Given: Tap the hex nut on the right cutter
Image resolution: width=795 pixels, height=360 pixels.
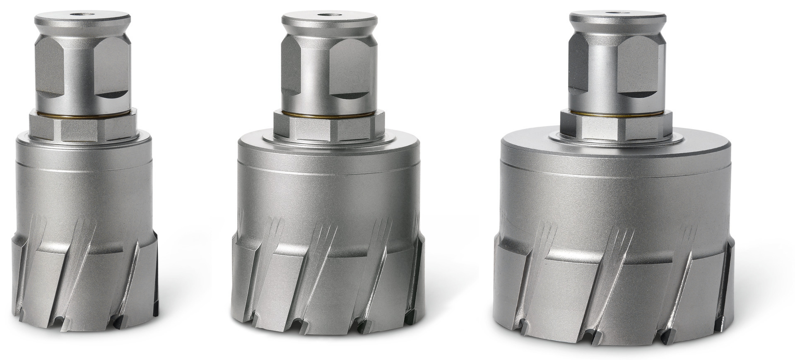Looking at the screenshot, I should coord(616,126).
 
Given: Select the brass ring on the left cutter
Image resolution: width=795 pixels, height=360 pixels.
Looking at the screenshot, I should coord(83,116).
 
